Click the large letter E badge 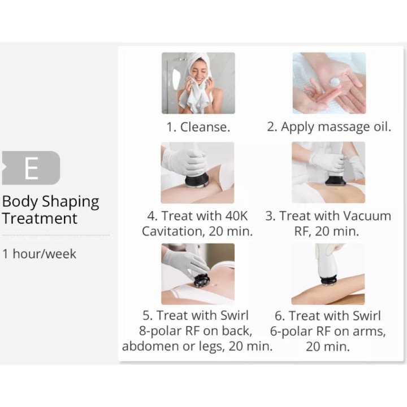(31, 168)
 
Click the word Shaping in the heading (70, 202)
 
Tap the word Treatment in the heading (40, 219)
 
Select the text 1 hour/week (39, 254)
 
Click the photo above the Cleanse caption (198, 83)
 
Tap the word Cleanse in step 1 (205, 127)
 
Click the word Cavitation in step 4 (172, 231)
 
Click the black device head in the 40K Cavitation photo (197, 181)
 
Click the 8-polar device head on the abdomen (201, 280)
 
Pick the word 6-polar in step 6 (291, 331)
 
